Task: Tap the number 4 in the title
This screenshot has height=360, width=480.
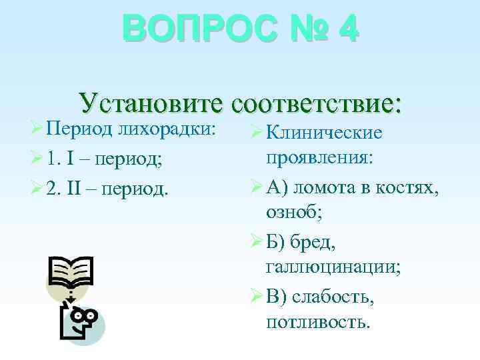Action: click(347, 30)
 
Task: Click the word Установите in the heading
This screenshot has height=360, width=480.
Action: click(151, 103)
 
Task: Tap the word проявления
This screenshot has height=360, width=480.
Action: click(319, 159)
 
